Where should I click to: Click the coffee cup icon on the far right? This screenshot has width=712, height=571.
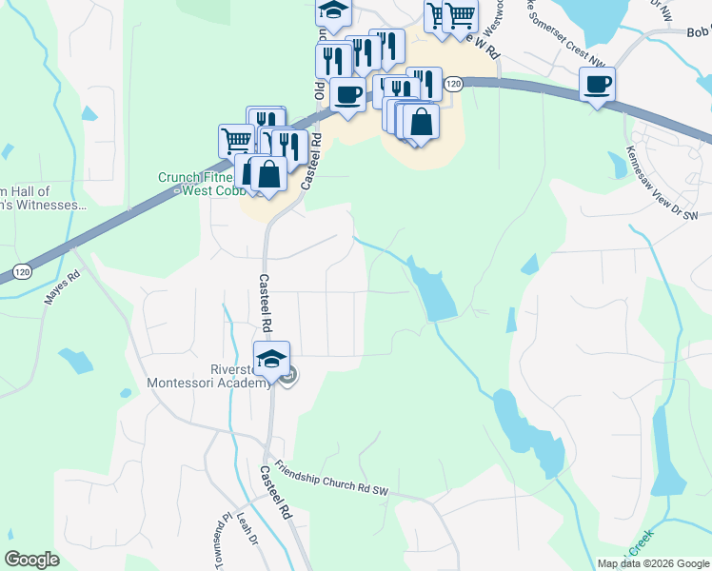coord(597,85)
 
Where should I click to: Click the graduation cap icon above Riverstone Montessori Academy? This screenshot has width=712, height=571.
coord(271,359)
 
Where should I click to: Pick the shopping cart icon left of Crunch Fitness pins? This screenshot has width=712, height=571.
coord(236,141)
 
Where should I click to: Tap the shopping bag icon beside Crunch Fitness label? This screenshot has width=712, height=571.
coord(269,174)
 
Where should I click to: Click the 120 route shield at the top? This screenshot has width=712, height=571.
coord(453,85)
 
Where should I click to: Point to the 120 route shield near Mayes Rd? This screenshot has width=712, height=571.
coord(21,273)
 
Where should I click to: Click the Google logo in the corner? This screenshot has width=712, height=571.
coord(32,560)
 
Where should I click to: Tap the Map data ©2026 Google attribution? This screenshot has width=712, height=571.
coord(653,563)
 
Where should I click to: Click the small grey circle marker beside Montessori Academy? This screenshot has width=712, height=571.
coord(288,377)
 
